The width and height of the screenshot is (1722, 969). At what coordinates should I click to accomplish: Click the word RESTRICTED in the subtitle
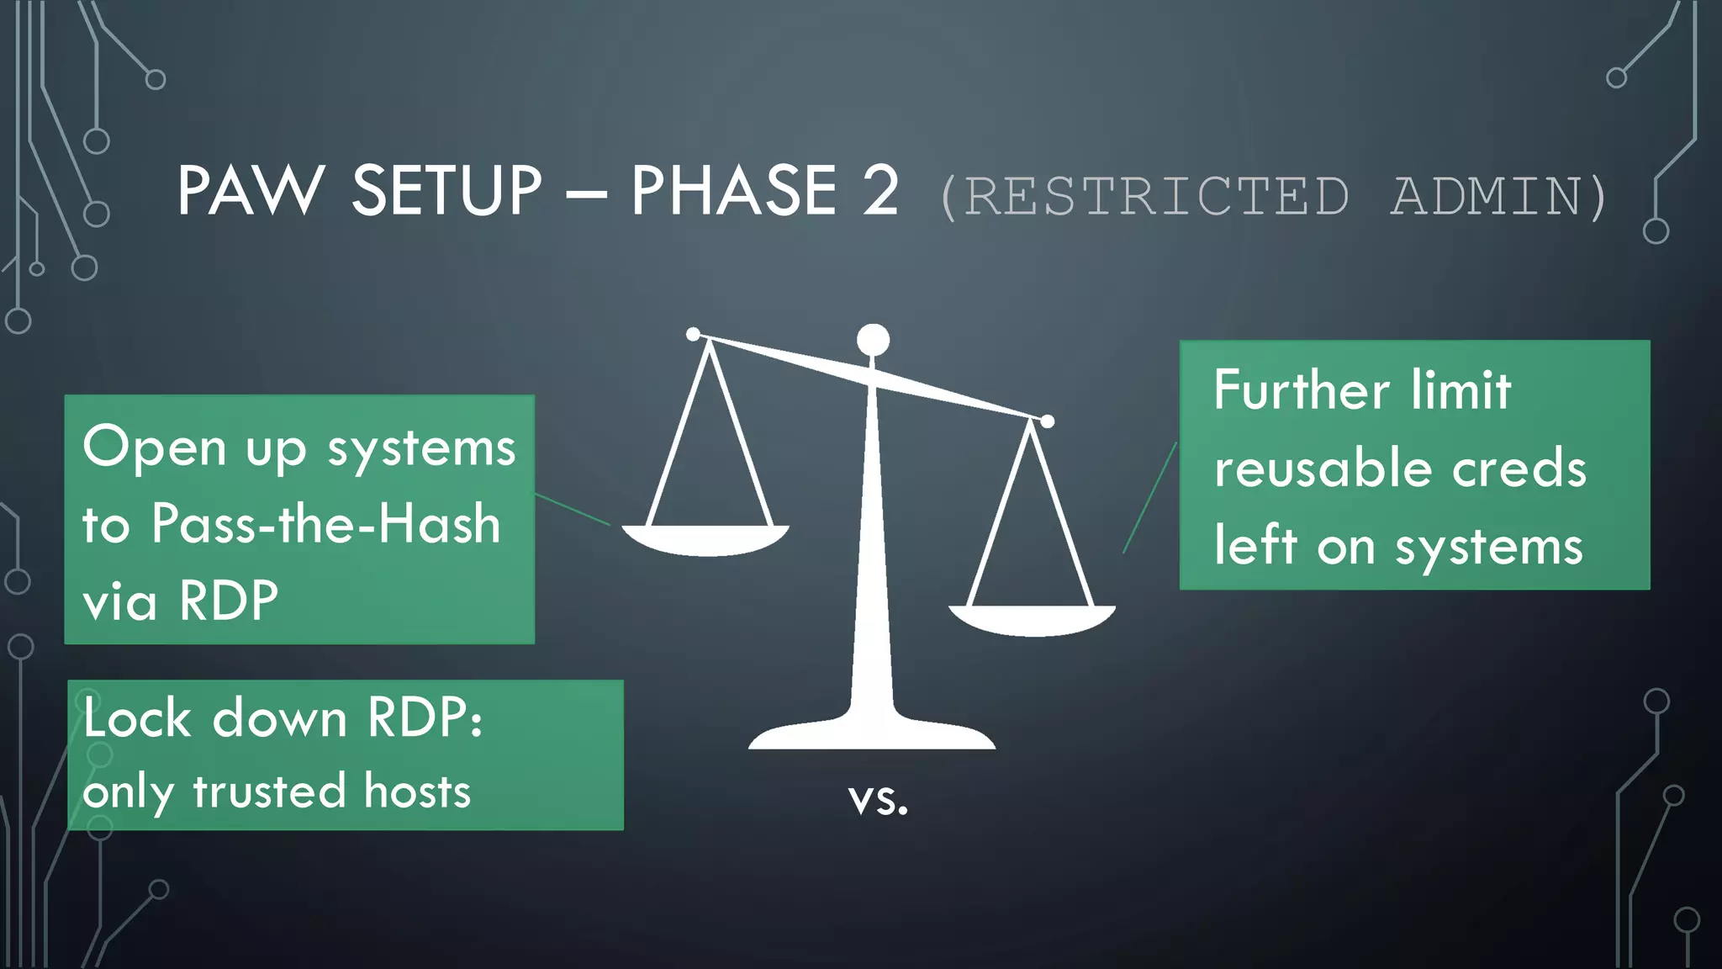click(1156, 197)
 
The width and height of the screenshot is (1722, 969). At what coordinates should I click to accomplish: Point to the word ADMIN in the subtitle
click(1487, 197)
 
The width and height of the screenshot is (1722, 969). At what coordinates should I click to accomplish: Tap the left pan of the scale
click(705, 540)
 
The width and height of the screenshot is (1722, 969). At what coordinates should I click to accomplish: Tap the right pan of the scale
click(1032, 620)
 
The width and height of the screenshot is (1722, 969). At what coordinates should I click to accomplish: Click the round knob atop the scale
click(873, 340)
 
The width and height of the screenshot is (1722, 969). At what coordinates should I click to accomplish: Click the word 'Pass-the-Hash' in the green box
click(326, 524)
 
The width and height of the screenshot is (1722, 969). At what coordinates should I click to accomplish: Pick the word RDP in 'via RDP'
click(229, 601)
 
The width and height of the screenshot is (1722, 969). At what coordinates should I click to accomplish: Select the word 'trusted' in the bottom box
click(269, 792)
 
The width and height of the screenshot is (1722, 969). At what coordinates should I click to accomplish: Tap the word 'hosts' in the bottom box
click(417, 792)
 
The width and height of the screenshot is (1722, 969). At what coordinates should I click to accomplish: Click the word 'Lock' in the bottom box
click(138, 718)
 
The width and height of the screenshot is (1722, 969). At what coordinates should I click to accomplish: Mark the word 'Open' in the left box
click(155, 447)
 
